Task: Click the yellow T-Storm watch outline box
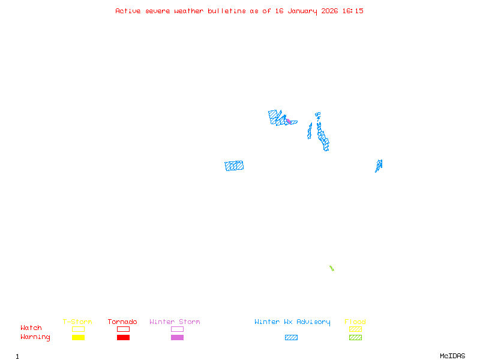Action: [x=78, y=329]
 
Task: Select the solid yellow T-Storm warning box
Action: [x=78, y=337]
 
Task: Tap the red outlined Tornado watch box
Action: [x=123, y=329]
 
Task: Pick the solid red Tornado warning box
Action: [x=123, y=337]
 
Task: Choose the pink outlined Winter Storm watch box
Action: [x=177, y=329]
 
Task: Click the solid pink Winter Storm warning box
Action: [x=177, y=337]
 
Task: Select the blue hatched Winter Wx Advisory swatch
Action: [x=291, y=337]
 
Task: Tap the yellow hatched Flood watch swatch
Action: [x=355, y=329]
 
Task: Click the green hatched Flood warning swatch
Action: [x=355, y=337]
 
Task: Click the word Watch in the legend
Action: [x=31, y=328]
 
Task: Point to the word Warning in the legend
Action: [x=35, y=337]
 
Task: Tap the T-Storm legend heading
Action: [x=77, y=322]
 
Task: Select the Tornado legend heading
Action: [x=122, y=322]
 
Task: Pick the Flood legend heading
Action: [x=355, y=322]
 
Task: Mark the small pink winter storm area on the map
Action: [x=289, y=121]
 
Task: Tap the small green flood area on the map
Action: [x=331, y=268]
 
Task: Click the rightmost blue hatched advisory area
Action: [x=379, y=165]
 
